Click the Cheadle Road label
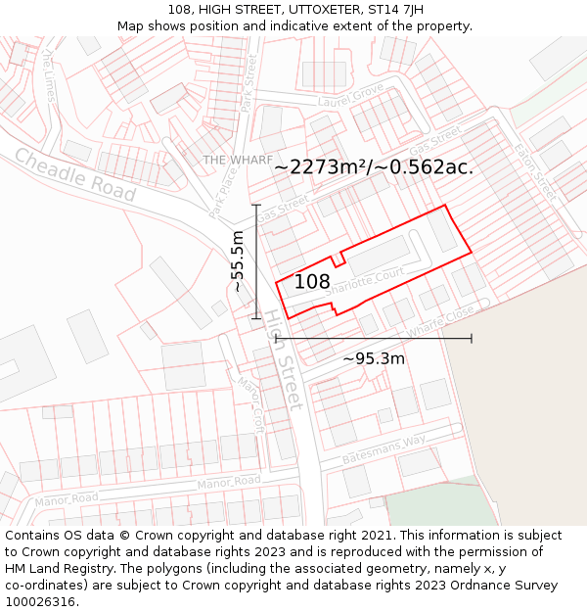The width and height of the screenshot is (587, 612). click(x=74, y=175)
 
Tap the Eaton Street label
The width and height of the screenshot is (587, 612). click(x=537, y=172)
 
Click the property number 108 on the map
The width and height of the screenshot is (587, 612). click(x=311, y=282)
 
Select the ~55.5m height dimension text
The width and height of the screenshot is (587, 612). click(x=237, y=261)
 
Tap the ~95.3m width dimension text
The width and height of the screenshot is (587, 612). click(x=373, y=358)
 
